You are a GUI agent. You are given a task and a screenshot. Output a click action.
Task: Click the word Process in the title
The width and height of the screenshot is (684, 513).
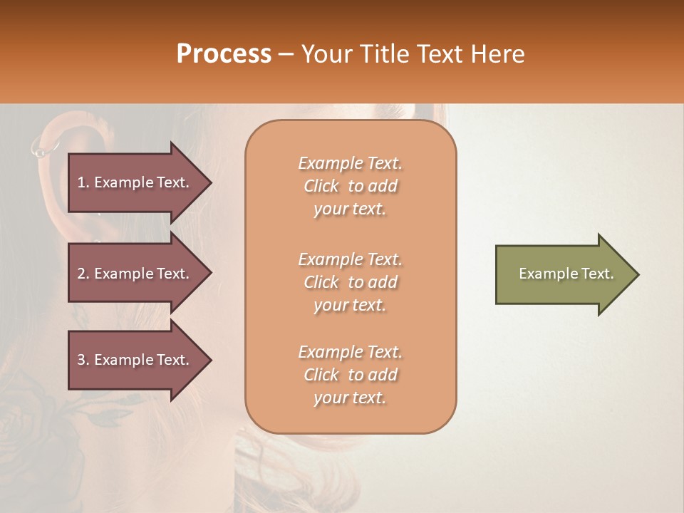224,54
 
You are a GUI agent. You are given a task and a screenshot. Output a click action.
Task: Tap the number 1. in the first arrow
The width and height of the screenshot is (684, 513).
83,182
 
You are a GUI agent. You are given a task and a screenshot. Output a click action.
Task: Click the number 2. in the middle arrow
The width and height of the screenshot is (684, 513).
83,274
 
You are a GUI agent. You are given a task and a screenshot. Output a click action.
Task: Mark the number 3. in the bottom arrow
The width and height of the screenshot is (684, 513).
83,360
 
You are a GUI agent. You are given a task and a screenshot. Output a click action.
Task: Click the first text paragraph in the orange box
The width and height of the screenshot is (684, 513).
350,186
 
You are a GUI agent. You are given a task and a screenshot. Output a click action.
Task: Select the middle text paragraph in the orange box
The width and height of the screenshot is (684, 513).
350,282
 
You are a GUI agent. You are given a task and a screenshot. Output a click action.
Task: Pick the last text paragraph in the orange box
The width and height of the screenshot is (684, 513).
350,375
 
